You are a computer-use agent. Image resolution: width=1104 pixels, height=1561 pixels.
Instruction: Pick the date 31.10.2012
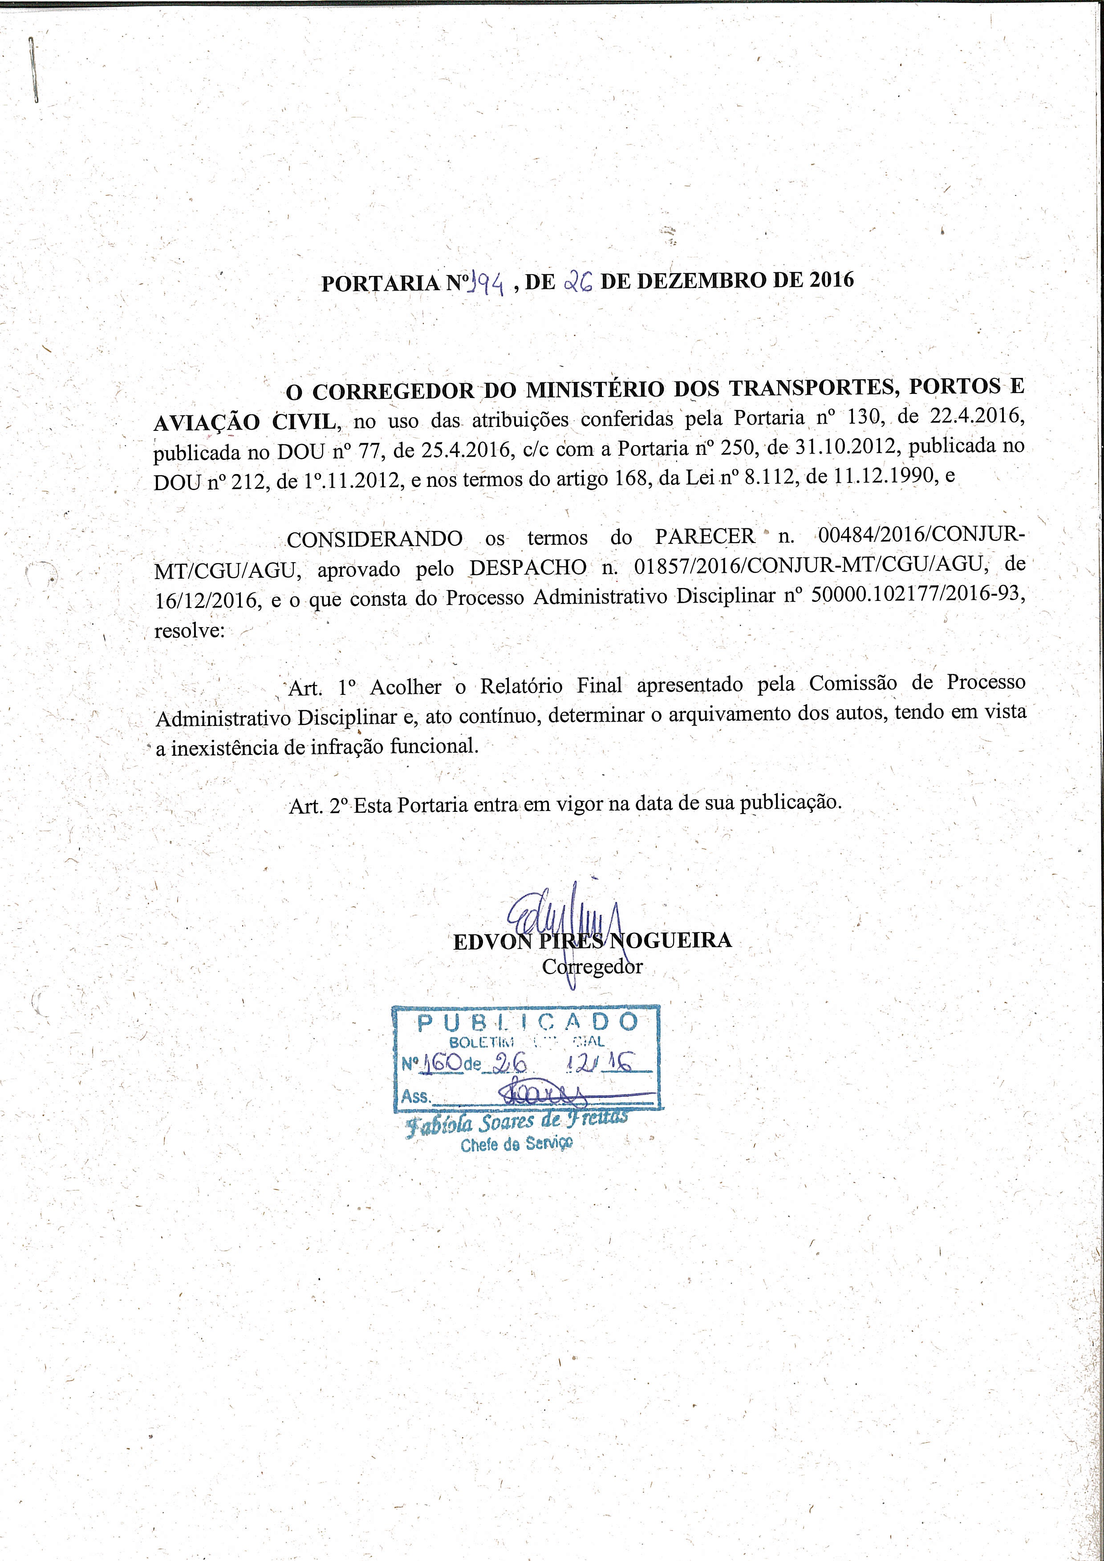coord(846,447)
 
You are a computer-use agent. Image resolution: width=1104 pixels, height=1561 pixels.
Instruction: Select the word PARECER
coord(705,536)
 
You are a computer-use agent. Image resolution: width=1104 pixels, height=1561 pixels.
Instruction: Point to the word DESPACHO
coord(528,568)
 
